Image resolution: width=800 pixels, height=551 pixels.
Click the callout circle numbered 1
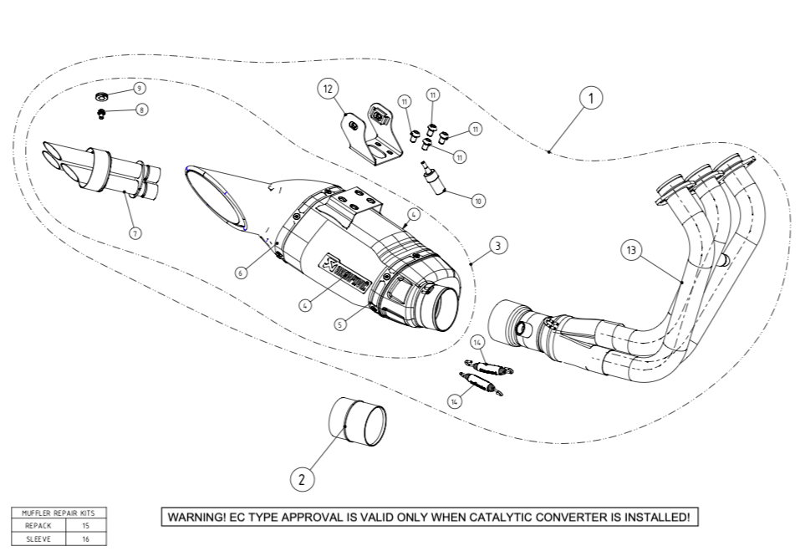[x=591, y=98]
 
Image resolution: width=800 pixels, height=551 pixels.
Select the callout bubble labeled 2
[x=302, y=479]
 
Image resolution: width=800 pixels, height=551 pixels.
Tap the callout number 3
[x=497, y=246]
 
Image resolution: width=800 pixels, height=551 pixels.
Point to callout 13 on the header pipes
[x=631, y=250]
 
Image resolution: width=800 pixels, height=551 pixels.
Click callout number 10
[x=478, y=201]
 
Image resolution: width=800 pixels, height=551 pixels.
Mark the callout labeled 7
[x=135, y=234]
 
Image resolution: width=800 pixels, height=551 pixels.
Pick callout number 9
[x=139, y=88]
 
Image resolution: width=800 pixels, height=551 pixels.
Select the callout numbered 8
[x=141, y=110]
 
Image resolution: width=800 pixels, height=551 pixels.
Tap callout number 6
[x=241, y=273]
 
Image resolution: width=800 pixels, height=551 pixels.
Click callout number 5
[x=339, y=324]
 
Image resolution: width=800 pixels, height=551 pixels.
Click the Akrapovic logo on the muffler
[x=344, y=273]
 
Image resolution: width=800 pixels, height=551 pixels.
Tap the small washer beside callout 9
[x=100, y=91]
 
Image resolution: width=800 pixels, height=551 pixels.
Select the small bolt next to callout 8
[x=101, y=112]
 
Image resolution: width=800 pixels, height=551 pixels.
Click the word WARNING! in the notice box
[x=196, y=518]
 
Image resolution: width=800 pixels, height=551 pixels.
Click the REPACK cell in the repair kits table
[x=38, y=526]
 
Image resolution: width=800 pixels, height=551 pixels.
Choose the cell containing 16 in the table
[x=85, y=539]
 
